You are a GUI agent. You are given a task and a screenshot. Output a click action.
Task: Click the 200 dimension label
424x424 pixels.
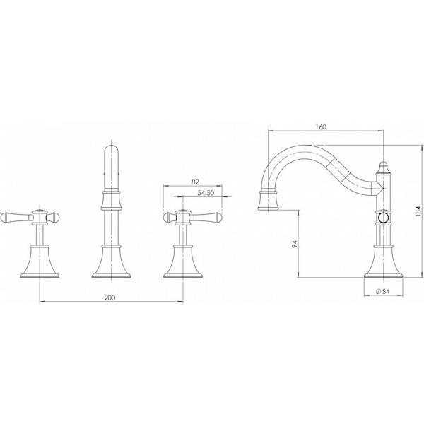pos(109,298)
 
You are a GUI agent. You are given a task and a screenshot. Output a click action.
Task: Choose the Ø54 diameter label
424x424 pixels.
pos(382,290)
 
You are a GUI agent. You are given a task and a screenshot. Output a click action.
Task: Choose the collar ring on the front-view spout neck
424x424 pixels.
pos(112,193)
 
